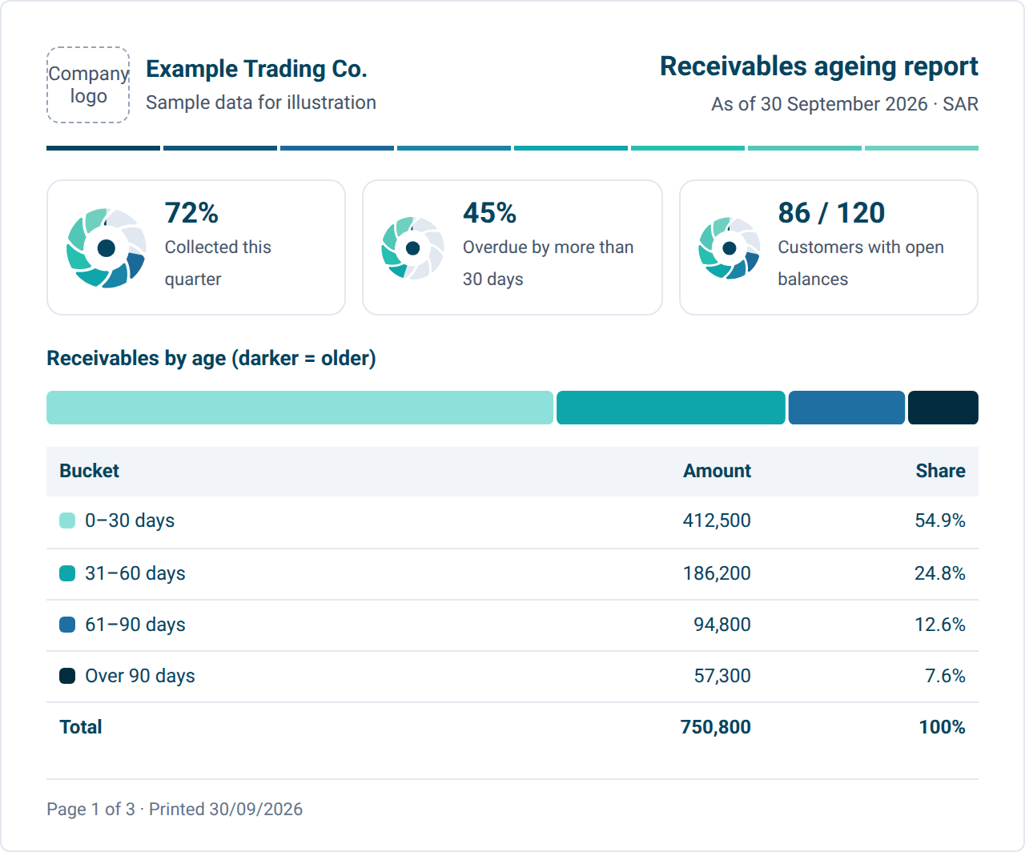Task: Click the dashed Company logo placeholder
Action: (88, 85)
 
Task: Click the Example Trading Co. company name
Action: (256, 69)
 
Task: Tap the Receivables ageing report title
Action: (818, 66)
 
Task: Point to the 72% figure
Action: (191, 212)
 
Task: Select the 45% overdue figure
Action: (489, 212)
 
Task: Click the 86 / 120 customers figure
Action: (831, 212)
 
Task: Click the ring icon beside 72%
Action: (106, 248)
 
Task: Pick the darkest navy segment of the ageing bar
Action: (943, 408)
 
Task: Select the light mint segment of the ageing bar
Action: (300, 408)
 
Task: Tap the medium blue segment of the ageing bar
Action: (846, 408)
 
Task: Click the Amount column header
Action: (717, 471)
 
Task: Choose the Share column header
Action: (940, 471)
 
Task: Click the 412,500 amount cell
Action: (717, 520)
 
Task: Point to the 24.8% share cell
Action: (939, 573)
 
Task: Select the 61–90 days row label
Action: (135, 625)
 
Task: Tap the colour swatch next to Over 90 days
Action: (67, 676)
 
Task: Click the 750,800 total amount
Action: (715, 727)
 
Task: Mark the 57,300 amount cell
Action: (722, 676)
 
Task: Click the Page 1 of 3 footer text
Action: (90, 810)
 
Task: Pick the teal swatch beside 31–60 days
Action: (67, 573)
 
